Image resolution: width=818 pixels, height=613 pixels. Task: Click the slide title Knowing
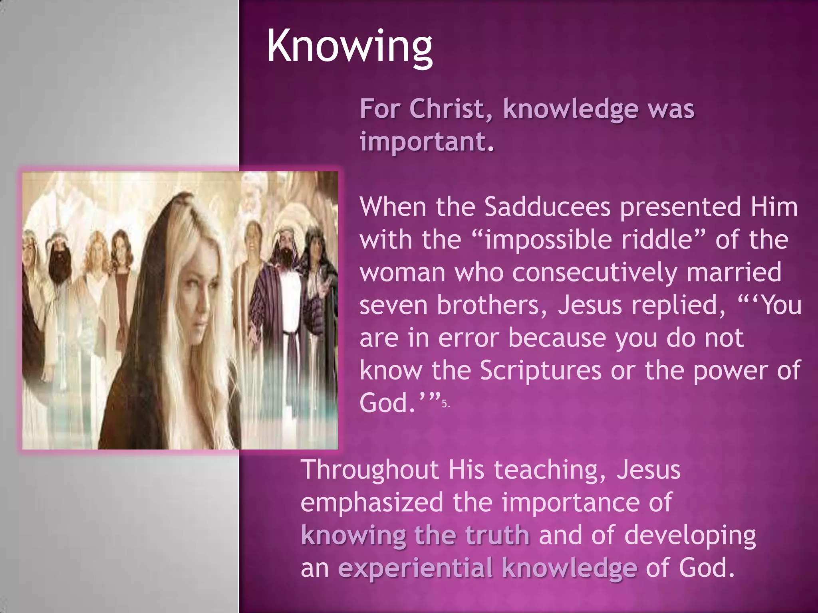pyautogui.click(x=349, y=47)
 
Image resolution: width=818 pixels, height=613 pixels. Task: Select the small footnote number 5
pyautogui.click(x=445, y=404)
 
